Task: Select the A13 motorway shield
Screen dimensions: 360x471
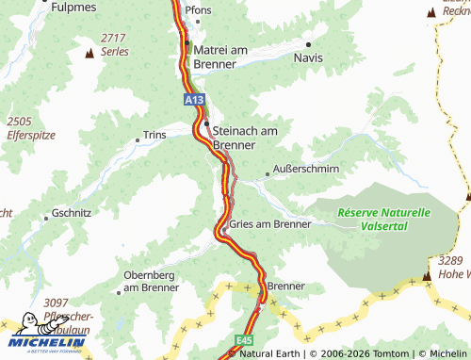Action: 194,98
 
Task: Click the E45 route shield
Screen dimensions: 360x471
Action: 245,336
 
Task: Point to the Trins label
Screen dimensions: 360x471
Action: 154,135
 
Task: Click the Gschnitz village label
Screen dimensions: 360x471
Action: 72,213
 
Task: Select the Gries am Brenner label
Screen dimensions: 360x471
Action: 270,224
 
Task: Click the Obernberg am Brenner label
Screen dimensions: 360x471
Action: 151,281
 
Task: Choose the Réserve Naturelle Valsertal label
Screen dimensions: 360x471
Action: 383,220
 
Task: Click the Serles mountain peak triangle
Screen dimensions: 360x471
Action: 89,53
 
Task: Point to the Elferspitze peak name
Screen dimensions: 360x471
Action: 32,134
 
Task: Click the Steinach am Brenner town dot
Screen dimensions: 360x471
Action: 206,123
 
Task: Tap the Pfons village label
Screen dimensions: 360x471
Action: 199,9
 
